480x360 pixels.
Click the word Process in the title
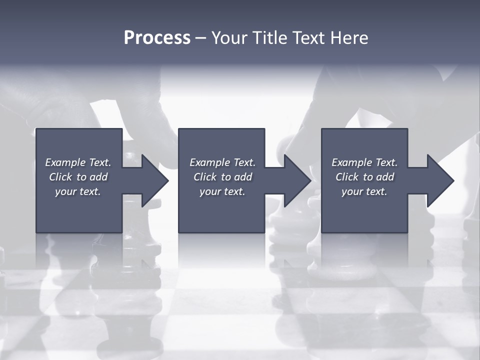[157, 38]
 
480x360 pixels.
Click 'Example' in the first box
[65, 162]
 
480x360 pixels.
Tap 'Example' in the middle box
[209, 162]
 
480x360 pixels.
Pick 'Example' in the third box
[351, 162]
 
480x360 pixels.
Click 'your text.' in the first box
[78, 191]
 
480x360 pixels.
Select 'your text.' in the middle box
[222, 191]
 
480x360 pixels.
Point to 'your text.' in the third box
[364, 191]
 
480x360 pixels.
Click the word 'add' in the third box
[385, 177]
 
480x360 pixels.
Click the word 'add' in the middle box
[243, 177]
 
